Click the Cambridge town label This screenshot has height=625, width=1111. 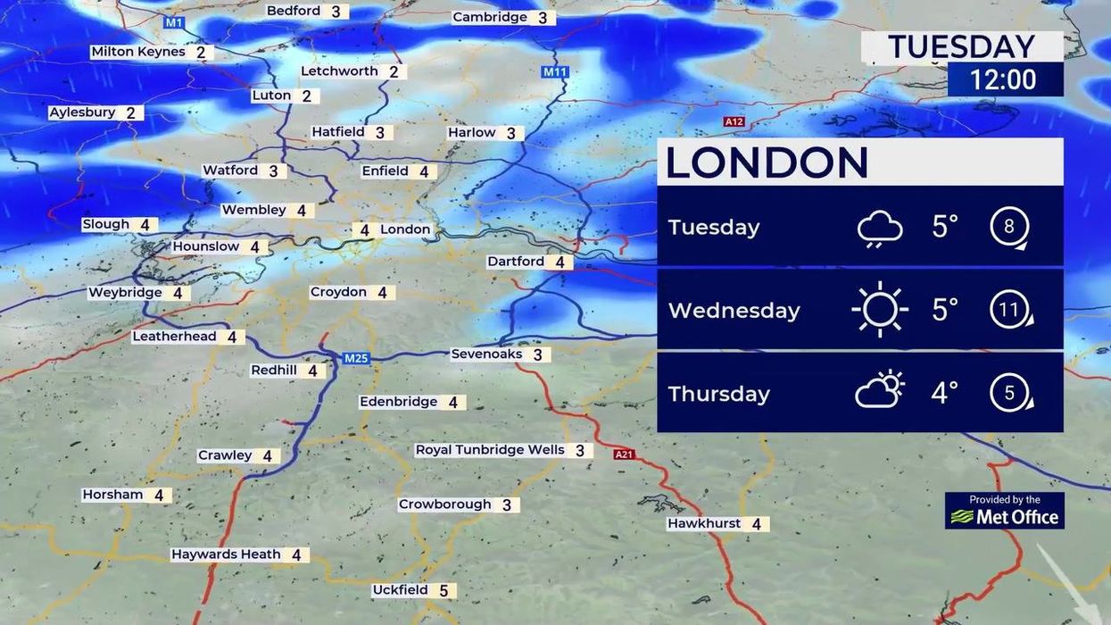tap(490, 17)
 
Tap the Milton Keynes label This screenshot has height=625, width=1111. tap(138, 52)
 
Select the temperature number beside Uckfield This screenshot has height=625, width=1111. tap(444, 591)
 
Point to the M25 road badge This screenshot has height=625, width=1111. tap(356, 358)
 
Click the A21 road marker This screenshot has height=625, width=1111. tap(624, 454)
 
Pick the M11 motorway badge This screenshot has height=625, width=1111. tap(554, 71)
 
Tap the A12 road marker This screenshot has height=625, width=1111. tap(734, 121)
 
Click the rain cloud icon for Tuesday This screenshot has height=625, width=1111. tap(879, 228)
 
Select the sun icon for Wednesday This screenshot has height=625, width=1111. tap(879, 310)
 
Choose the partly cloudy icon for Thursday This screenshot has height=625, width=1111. tap(879, 391)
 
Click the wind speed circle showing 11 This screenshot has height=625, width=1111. tap(1009, 310)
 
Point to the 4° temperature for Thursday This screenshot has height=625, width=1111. tap(944, 392)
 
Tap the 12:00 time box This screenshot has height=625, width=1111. tap(1005, 79)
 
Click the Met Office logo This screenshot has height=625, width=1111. tap(1005, 511)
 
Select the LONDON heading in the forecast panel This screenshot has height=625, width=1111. tap(767, 162)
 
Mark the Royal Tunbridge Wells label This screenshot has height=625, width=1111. tap(490, 450)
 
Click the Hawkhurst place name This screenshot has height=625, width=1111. tap(704, 523)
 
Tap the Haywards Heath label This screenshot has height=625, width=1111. tap(226, 554)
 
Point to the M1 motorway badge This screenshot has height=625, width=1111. tap(174, 22)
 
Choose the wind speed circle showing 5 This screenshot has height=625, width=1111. tap(1009, 393)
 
